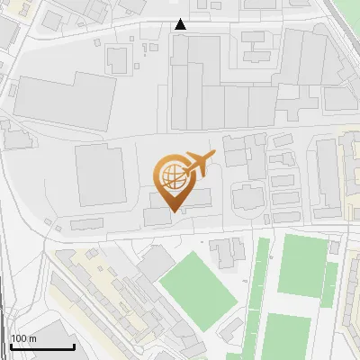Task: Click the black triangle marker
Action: [181, 24]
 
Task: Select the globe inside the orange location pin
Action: [171, 173]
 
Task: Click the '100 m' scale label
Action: [22, 338]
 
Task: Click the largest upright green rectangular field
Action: [300, 264]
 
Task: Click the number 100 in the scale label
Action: [19, 338]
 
